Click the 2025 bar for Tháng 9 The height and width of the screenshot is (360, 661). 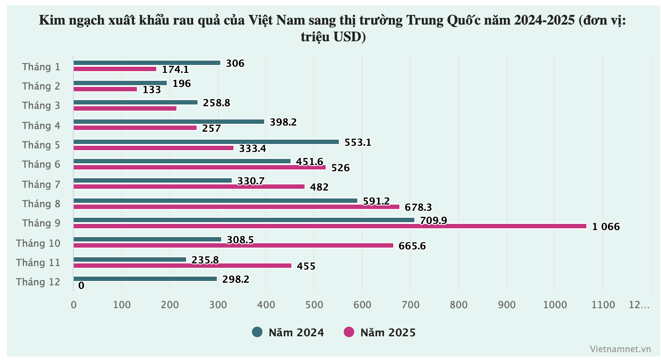pos(329,226)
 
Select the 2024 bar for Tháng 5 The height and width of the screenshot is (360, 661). pos(206,142)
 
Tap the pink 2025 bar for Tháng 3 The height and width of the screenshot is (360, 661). pos(125,108)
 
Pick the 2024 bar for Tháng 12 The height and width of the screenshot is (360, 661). pos(145,279)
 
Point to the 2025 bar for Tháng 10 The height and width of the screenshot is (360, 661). pos(233,245)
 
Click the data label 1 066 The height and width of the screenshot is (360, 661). pos(606,227)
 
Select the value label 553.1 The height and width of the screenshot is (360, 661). pos(358,142)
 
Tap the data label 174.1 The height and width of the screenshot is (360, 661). pos(175,69)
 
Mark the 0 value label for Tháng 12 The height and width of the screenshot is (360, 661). pos(81,286)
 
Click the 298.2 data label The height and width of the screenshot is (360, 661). pos(236,279)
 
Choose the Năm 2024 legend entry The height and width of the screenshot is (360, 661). pos(288,332)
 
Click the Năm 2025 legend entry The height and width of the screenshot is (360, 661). pos(380,332)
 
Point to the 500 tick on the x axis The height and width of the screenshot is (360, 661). pos(314,305)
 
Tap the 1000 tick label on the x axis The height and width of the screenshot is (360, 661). pos(555,305)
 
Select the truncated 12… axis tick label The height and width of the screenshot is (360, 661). pos(639,305)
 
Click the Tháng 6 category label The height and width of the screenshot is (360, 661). pos(41,164)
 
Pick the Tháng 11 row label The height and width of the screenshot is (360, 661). pos(38,263)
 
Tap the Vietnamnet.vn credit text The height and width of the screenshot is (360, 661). pos(620,349)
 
